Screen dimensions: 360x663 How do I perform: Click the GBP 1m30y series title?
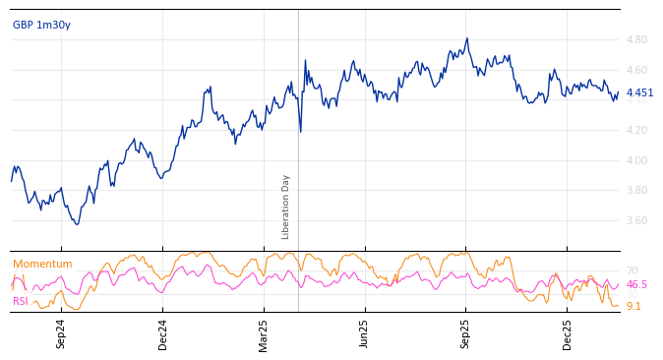(41, 25)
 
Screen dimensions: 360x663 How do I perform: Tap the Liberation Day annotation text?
(286, 207)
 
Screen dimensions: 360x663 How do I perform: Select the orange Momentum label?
(42, 264)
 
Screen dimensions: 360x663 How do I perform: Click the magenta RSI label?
(21, 301)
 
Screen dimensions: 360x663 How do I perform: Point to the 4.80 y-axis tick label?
(636, 40)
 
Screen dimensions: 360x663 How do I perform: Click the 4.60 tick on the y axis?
(636, 70)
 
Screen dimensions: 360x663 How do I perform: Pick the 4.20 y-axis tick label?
(636, 130)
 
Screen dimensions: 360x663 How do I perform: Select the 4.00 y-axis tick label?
(636, 160)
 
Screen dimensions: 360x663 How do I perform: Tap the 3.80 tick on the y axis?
(636, 191)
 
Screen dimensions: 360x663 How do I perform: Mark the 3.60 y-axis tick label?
(636, 220)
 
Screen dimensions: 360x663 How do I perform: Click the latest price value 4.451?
(639, 93)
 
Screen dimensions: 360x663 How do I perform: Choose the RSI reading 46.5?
(636, 284)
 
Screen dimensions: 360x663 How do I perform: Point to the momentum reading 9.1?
(633, 306)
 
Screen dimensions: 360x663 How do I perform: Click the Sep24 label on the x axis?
(61, 333)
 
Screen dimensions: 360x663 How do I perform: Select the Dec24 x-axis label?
(163, 333)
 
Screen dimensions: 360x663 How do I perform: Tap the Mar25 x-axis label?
(264, 333)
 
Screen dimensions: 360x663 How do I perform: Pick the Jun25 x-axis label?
(365, 333)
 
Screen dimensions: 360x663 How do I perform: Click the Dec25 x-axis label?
(568, 333)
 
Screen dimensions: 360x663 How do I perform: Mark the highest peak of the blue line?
(467, 38)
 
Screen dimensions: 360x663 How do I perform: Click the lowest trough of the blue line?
(77, 224)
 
